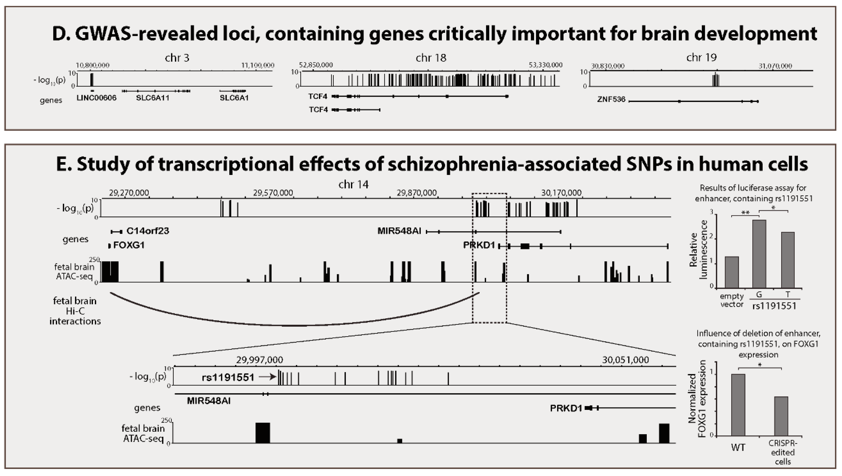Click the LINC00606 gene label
coord(96,98)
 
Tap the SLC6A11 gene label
coord(153,98)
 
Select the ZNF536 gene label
coord(611,99)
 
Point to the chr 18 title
coord(431,58)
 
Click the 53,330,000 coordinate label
coord(545,65)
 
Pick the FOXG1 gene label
coord(129,245)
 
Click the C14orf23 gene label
coord(147,231)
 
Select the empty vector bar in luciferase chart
coord(731,272)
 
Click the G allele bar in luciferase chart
coord(759,254)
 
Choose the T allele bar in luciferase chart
coord(787,260)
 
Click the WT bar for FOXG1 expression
coord(738,405)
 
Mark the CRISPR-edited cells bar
coord(781,416)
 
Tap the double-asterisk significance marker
coord(745,213)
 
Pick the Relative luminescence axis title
coord(698,249)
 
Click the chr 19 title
coord(701,58)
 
